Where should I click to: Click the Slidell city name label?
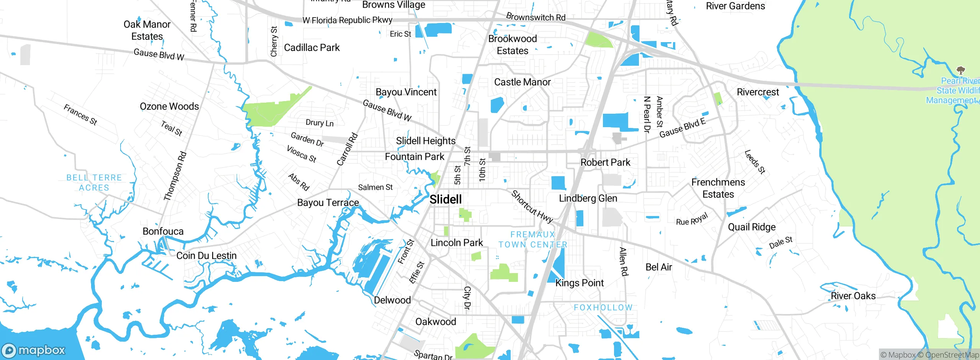coord(446,200)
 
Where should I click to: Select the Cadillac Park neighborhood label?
coord(312,47)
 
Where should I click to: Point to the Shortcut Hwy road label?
coord(532,207)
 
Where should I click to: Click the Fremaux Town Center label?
coord(532,239)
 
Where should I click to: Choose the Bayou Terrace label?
coord(328,203)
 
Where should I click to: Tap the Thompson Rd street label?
coord(175,176)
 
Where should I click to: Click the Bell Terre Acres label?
coord(94,183)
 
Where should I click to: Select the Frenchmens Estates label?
coord(718,188)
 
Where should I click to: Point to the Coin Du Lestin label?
coord(206,255)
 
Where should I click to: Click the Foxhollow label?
coord(603,308)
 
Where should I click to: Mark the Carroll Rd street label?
coord(347,149)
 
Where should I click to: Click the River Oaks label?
coord(853,296)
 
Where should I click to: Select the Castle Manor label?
coord(522,82)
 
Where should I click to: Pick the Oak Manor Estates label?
coord(147,30)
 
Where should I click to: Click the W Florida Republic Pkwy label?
coord(347,20)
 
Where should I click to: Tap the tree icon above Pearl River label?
coord(960,70)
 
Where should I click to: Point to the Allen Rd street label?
coord(624,262)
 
